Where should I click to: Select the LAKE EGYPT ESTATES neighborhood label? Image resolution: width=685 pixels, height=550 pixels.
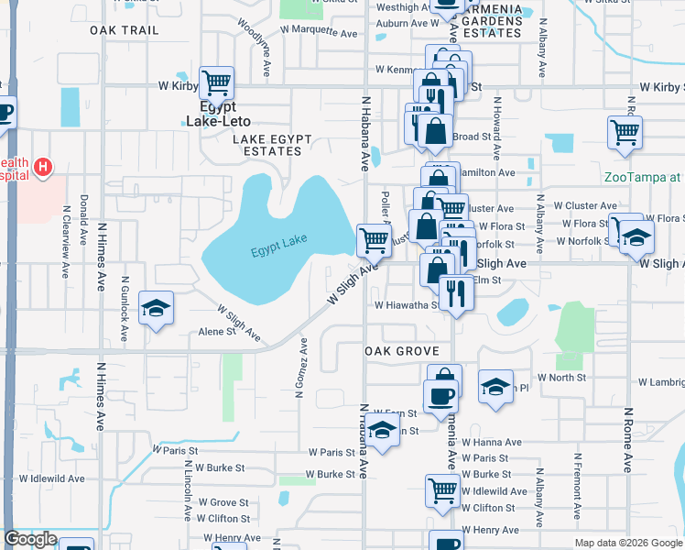click(272, 145)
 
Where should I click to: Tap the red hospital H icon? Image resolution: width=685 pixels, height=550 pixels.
click(41, 167)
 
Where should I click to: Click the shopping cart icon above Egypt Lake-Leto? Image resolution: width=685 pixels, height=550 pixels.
click(216, 83)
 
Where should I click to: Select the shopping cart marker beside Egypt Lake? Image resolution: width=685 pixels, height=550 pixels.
click(374, 240)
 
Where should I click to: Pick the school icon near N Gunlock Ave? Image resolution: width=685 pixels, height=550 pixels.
click(156, 307)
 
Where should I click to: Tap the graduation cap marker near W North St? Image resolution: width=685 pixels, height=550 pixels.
click(495, 386)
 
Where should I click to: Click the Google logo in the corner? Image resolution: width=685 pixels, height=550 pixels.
click(30, 540)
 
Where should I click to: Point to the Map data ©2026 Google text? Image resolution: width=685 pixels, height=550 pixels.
click(627, 543)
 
